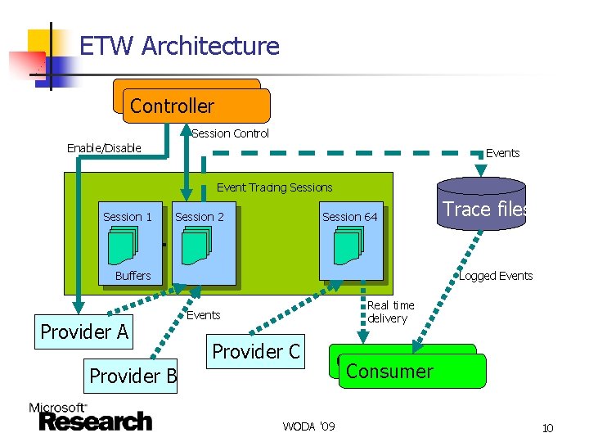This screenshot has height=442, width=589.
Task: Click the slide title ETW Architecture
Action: pos(179,46)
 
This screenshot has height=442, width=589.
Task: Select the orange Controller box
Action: pos(195,106)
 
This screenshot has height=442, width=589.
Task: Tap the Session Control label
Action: pos(230,133)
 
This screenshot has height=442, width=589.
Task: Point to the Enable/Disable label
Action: pos(104,148)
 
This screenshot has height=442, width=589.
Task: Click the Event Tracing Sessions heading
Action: pos(274,187)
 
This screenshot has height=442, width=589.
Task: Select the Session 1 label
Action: pos(128,217)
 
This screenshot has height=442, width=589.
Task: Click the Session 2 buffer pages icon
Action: pos(197,246)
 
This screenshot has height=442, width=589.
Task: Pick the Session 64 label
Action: pos(350,217)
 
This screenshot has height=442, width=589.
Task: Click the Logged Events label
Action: pos(496,276)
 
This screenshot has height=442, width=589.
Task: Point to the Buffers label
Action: pos(133,276)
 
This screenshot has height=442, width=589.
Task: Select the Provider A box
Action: pos(85,331)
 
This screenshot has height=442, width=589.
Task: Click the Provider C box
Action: pos(256,352)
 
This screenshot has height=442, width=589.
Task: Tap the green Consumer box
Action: pos(411,371)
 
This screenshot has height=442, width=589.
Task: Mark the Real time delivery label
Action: pos(390,312)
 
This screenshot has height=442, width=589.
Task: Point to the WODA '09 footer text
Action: pos(308,426)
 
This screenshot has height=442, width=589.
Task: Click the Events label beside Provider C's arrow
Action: pos(204,315)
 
